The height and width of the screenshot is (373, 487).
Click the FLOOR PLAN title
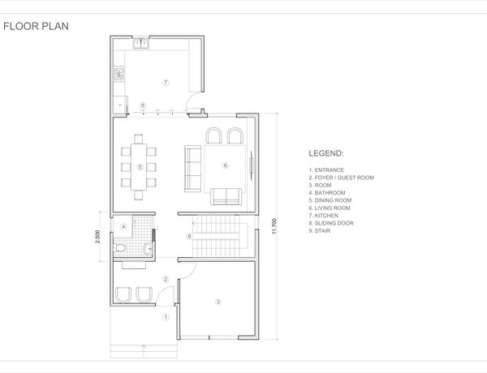coord(36,27)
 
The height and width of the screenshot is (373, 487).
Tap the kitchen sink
coord(141,44)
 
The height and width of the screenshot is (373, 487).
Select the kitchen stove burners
coord(119,75)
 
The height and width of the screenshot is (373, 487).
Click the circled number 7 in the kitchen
coord(166,83)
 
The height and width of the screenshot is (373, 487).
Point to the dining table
coord(139,167)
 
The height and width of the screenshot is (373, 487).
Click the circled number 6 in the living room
coord(226,165)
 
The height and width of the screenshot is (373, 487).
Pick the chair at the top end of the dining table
coord(139,139)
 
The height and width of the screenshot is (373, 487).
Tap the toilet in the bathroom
coord(119,248)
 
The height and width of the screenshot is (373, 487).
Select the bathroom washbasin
coord(149,249)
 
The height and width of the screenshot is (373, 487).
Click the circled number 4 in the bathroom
coord(123,226)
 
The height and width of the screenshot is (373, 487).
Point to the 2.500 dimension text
coord(98,237)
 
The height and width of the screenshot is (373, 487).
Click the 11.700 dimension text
coord(274,226)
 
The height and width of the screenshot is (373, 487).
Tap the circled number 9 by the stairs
coord(189,237)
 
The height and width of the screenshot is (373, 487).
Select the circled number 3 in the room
coord(218,302)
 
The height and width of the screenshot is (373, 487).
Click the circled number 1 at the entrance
coord(166,317)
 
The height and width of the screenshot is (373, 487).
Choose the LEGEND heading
coord(326,153)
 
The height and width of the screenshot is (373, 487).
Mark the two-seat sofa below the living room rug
coord(226,196)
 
